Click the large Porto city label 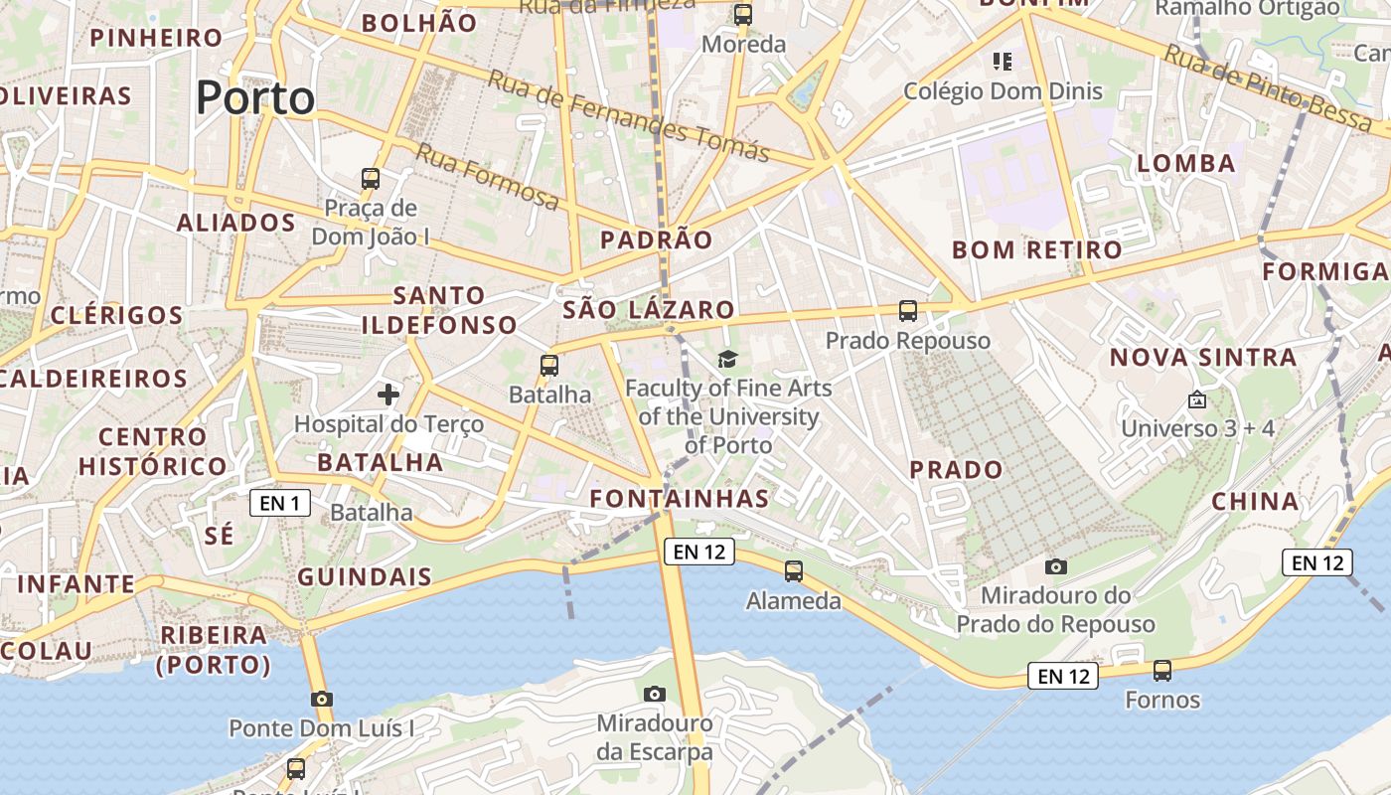[x=255, y=98]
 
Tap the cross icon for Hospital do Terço [x=388, y=396]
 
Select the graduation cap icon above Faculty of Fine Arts [x=728, y=359]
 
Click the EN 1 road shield [x=279, y=503]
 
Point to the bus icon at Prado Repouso [x=907, y=311]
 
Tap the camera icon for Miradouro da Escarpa [x=654, y=694]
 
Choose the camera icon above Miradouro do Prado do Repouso [x=1056, y=566]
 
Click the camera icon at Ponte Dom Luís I [x=321, y=699]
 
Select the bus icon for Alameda [x=793, y=571]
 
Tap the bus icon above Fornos [x=1162, y=671]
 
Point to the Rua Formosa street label [x=487, y=177]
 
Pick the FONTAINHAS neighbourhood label [x=680, y=499]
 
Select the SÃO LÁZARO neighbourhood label [x=649, y=309]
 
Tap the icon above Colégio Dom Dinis [x=1003, y=62]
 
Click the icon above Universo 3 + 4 [x=1197, y=399]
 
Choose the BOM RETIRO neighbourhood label [x=1037, y=250]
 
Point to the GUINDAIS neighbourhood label [x=365, y=577]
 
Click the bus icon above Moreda [x=742, y=15]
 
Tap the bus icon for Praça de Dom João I [x=371, y=179]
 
